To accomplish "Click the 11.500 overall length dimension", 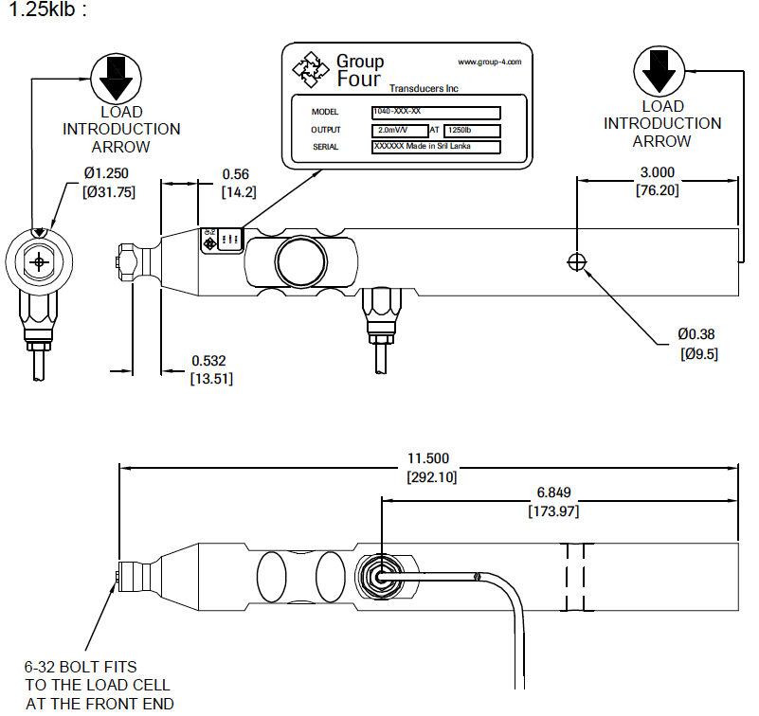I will click(430, 458).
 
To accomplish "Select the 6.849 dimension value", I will click(552, 493).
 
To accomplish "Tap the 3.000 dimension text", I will click(658, 172).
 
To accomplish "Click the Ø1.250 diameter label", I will click(105, 172).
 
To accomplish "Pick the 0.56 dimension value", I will click(235, 174).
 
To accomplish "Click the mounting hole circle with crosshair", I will click(576, 260).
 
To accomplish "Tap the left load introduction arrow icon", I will click(117, 78).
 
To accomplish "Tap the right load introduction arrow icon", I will click(661, 72).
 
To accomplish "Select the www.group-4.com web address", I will click(489, 62).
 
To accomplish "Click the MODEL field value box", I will click(447, 112).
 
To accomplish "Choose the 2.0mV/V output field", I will click(398, 130).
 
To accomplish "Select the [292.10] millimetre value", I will click(430, 476).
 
